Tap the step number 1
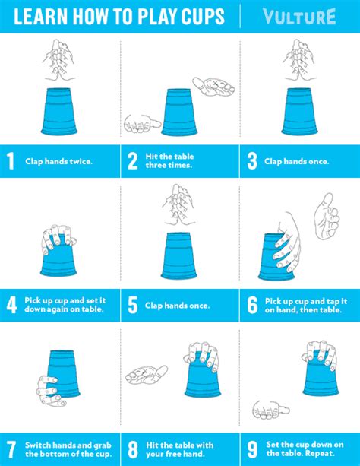click(x=10, y=161)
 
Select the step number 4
click(x=11, y=305)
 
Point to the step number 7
click(x=11, y=449)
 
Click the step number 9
click(x=251, y=449)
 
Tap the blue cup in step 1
click(x=59, y=111)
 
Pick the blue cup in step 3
click(x=298, y=111)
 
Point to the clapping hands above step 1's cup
click(x=60, y=61)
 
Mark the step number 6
click(x=251, y=305)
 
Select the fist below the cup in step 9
click(x=270, y=409)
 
